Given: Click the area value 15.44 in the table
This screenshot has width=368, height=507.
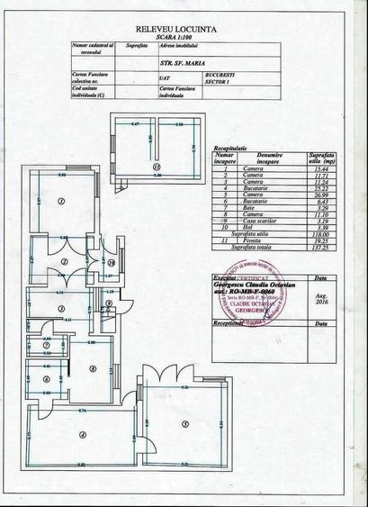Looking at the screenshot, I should (x=317, y=168).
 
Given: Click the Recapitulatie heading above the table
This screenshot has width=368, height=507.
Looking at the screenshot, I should (x=232, y=146).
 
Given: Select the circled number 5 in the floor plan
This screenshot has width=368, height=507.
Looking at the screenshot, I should (x=184, y=423).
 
